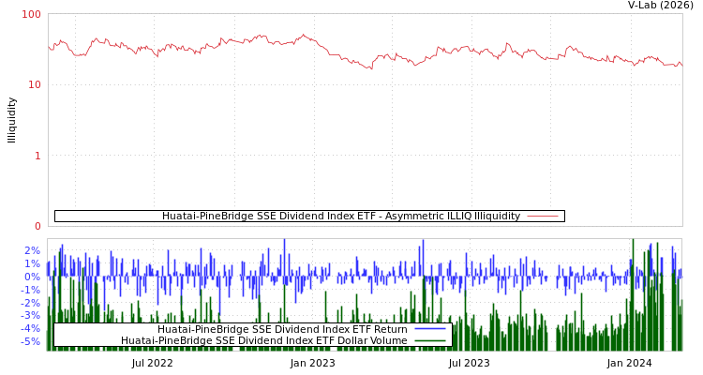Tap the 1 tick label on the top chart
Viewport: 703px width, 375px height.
37,156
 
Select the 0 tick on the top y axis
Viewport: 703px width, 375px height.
37,226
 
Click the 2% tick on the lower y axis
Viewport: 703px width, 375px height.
32,250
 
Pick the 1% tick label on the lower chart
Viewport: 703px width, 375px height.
32,263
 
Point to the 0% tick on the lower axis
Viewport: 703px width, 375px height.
32,277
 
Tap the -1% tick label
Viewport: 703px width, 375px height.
30,290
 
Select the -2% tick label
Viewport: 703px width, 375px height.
30,303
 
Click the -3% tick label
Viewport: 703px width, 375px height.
30,315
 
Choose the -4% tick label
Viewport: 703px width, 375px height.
30,328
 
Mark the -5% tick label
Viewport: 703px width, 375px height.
30,341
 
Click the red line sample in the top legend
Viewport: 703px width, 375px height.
543,216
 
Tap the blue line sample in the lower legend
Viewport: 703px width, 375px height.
429,329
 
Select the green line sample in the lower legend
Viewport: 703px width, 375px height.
429,340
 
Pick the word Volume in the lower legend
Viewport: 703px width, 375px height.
388,340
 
